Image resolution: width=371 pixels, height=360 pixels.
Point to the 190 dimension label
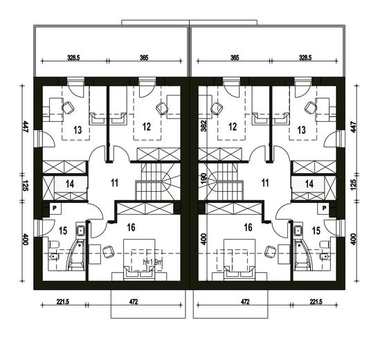pos(203,178)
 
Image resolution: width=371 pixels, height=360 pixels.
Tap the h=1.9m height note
pos(152,262)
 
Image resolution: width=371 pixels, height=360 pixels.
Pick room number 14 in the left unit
pos(70,184)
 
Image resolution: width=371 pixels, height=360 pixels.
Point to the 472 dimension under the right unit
pos(245,302)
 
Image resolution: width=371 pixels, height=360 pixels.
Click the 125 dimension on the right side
pos(353,185)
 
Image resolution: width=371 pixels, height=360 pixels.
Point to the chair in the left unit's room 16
pos(107,252)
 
